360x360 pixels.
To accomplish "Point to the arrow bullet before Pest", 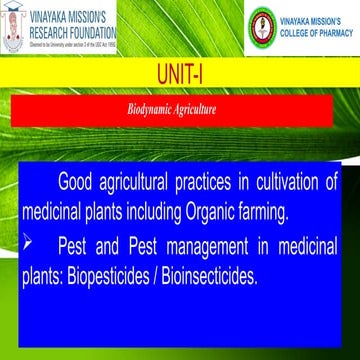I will click(x=28, y=243).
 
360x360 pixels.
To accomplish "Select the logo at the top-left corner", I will click(x=17, y=26).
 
